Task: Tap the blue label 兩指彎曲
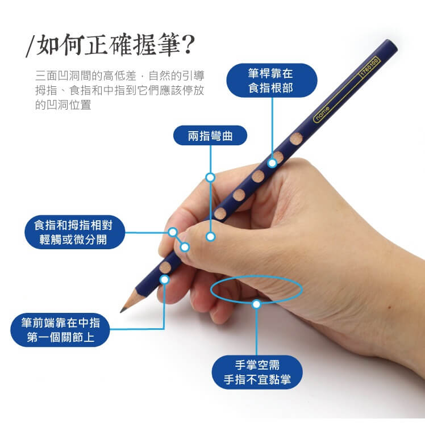point(210,136)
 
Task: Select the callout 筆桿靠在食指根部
point(272,80)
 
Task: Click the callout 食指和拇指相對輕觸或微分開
point(74,232)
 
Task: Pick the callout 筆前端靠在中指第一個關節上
point(60,330)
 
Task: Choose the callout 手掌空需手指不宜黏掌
point(257,372)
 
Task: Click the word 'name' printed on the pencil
point(323,114)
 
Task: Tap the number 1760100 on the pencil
point(369,67)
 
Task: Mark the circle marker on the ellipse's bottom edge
point(256,304)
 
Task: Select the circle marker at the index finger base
point(272,163)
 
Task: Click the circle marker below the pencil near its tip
point(165,280)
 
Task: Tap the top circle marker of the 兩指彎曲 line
point(210,178)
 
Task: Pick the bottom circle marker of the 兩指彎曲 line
point(210,237)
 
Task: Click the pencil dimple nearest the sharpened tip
point(165,267)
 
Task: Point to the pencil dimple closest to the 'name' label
point(296,139)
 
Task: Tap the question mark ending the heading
point(188,45)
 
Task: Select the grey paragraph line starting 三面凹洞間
point(119,76)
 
